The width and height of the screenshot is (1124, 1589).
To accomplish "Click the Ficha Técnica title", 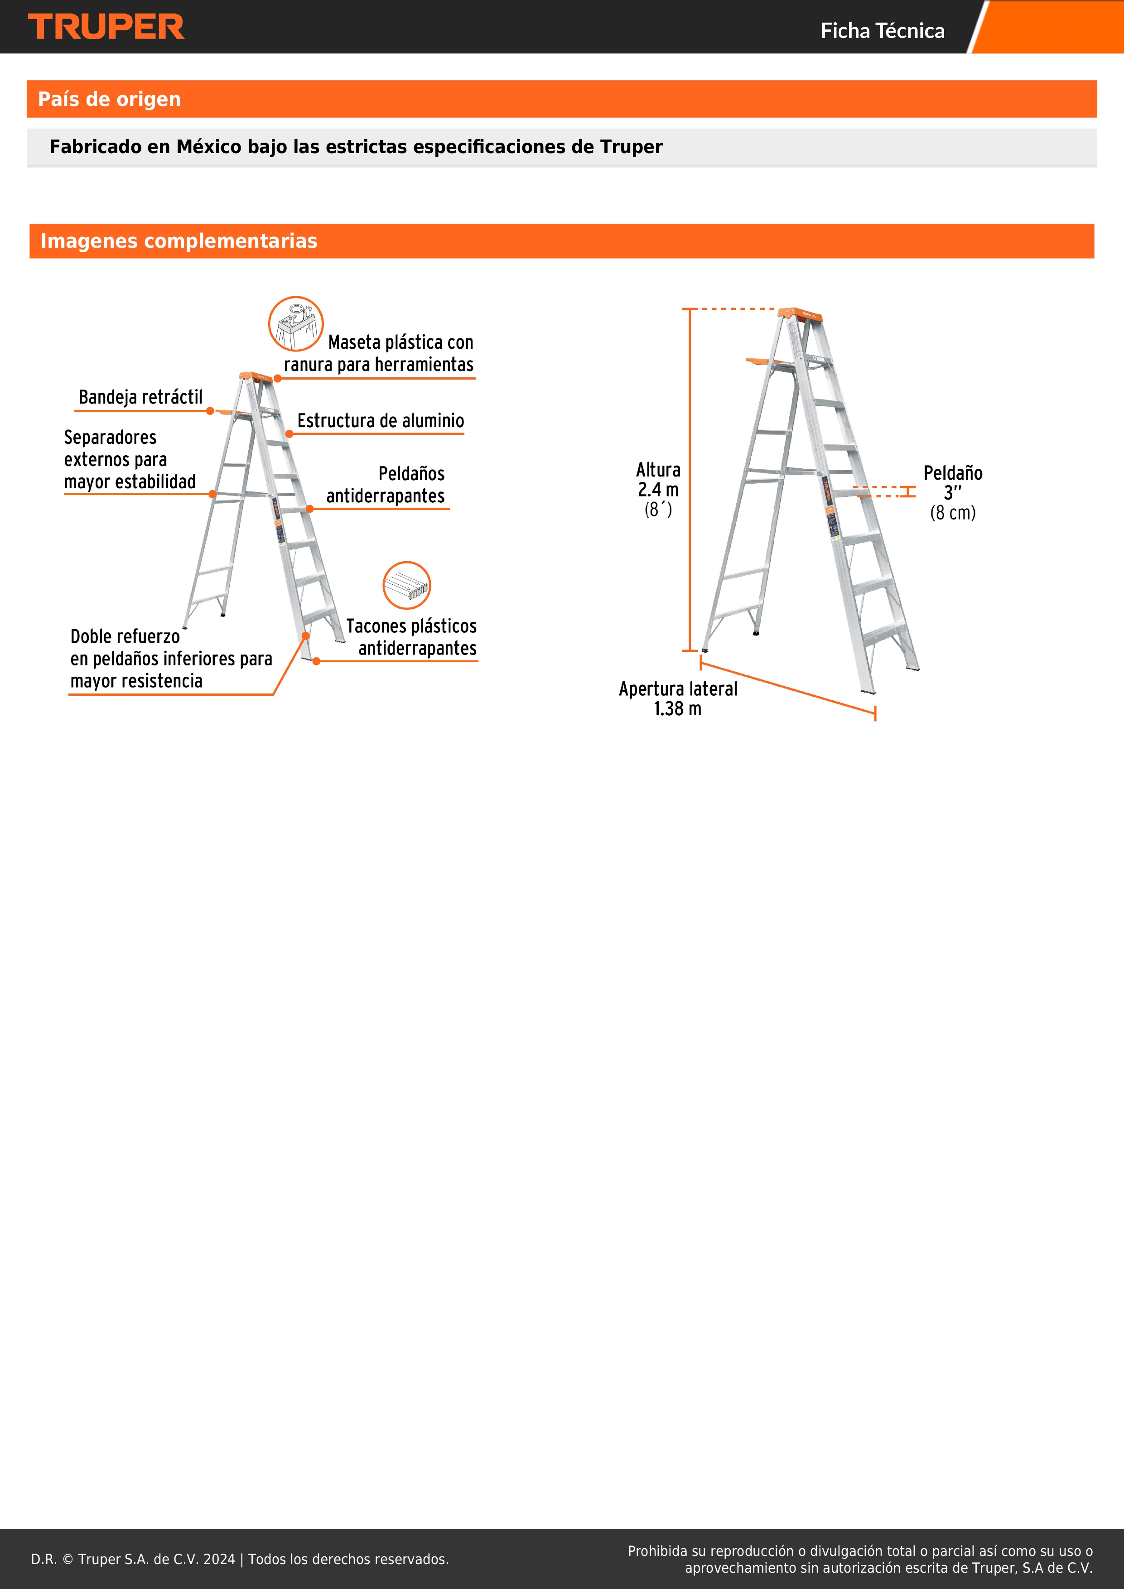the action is (x=883, y=30).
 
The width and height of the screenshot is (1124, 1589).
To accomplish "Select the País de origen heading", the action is (x=109, y=99).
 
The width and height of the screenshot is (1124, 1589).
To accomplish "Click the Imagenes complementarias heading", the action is (x=178, y=241).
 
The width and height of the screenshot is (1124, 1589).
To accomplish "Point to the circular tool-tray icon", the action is (x=295, y=324).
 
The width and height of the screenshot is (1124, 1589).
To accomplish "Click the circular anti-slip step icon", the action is (x=407, y=586).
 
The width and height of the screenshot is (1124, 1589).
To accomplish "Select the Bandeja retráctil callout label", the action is (x=140, y=397).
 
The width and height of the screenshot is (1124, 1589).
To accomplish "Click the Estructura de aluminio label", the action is (x=381, y=421).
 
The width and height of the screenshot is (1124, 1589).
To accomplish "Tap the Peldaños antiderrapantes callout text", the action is (x=386, y=485).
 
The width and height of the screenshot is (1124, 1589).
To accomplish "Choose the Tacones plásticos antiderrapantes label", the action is (x=411, y=637).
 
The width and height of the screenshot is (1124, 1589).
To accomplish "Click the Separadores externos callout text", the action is (x=130, y=460).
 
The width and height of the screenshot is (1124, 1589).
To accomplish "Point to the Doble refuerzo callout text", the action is (x=171, y=659).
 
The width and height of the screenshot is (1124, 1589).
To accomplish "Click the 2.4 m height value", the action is (x=658, y=490).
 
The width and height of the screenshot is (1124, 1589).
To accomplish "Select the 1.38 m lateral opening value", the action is (x=678, y=709).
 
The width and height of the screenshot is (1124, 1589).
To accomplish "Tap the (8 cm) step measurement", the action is (x=953, y=513).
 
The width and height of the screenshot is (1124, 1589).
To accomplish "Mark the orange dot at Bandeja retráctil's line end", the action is (x=210, y=411).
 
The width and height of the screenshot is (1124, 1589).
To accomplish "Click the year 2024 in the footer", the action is (x=219, y=1559).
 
